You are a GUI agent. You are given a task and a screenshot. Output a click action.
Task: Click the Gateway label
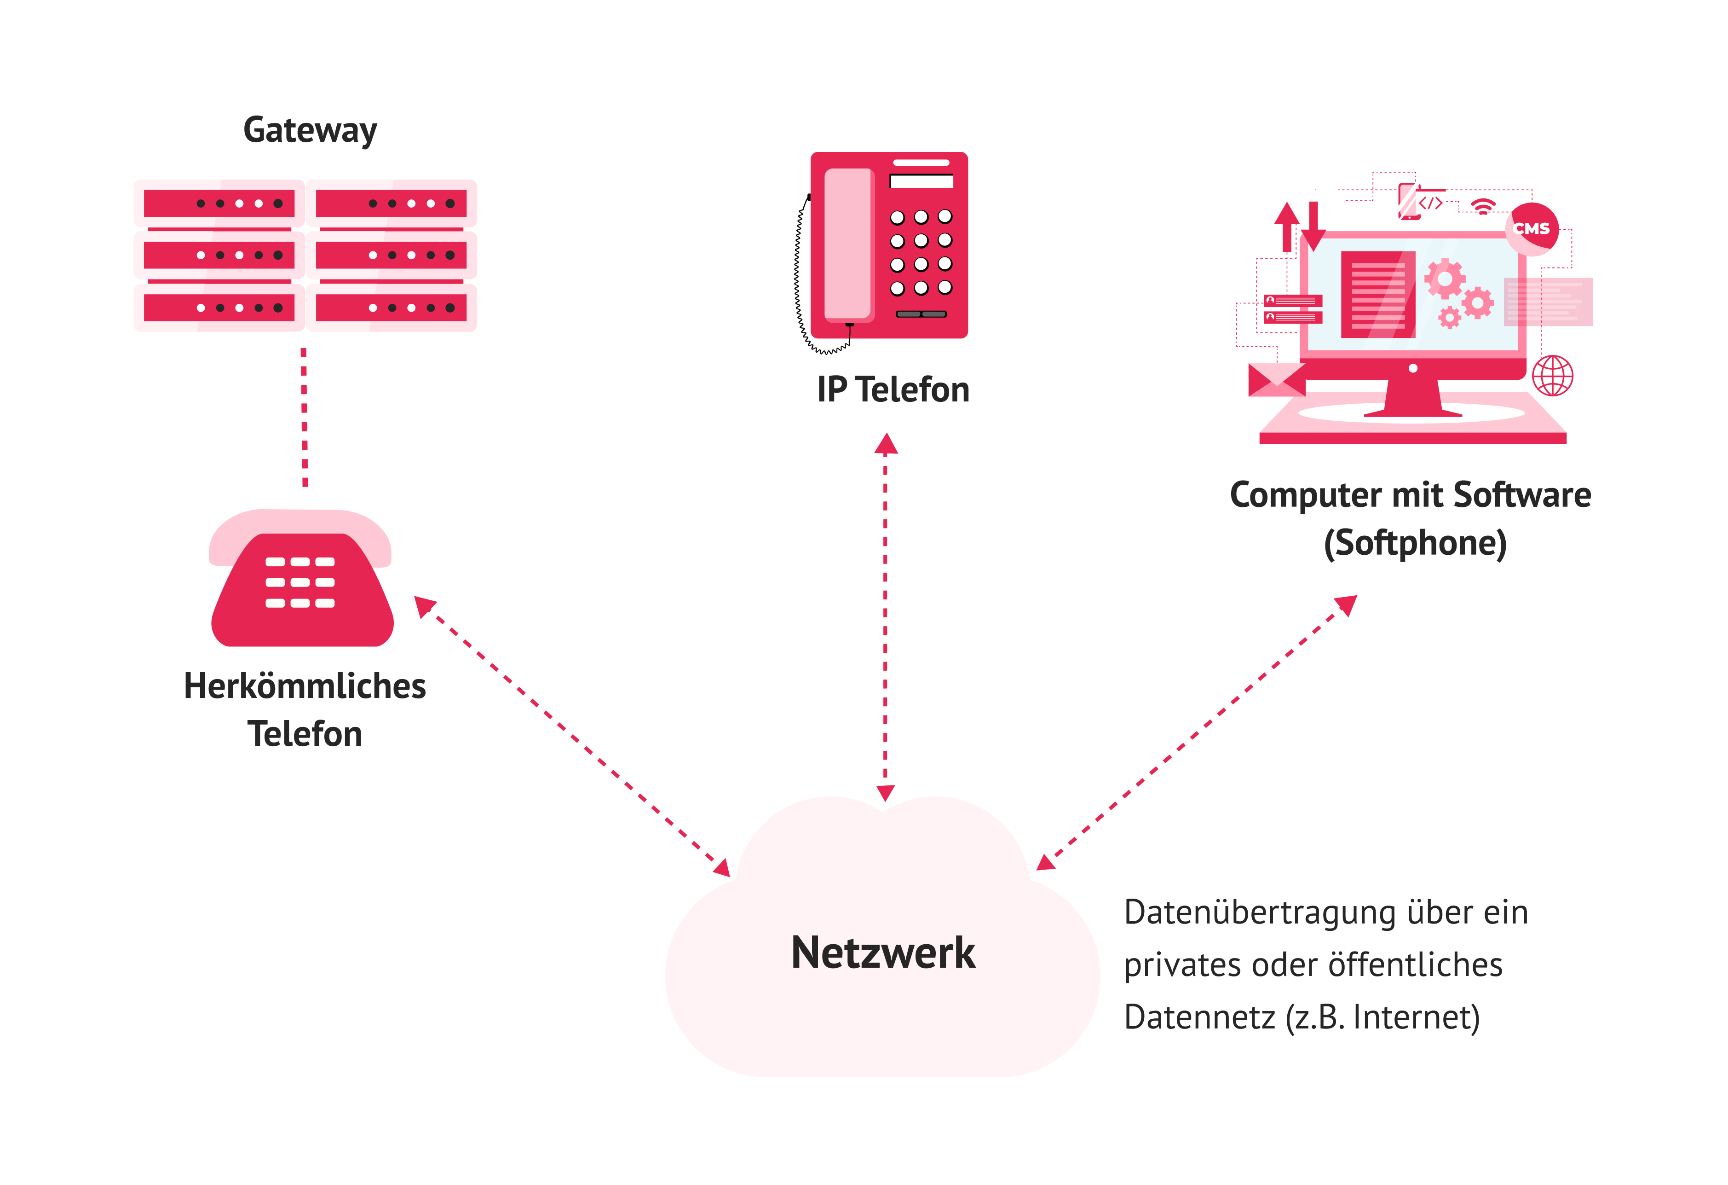(x=310, y=131)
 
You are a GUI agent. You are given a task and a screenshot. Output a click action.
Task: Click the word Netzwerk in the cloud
(x=882, y=953)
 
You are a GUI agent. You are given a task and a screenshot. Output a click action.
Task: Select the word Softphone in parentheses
(x=1415, y=543)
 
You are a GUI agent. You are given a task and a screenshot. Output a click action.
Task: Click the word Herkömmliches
(x=305, y=686)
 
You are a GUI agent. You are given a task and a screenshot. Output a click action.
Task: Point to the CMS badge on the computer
(x=1532, y=228)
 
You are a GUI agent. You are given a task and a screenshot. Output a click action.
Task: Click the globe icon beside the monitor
(x=1553, y=376)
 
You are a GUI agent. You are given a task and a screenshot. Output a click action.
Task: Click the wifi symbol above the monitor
(x=1483, y=206)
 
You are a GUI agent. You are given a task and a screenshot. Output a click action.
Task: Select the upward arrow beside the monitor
(x=1286, y=226)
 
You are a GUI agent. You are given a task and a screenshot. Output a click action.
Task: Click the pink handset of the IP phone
(x=847, y=244)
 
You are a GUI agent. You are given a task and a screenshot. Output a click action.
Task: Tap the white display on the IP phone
(x=921, y=181)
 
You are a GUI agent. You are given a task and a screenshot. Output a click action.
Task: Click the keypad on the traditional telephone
(x=300, y=582)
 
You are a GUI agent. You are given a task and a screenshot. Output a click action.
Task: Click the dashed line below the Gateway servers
(x=304, y=417)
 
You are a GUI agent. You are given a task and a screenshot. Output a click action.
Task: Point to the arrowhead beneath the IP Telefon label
(x=886, y=444)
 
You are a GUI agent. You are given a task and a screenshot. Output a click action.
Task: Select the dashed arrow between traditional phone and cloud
(x=572, y=737)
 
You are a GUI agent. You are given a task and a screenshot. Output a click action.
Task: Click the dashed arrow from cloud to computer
(x=1197, y=733)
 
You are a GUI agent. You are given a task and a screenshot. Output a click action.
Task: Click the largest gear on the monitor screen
(x=1444, y=279)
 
